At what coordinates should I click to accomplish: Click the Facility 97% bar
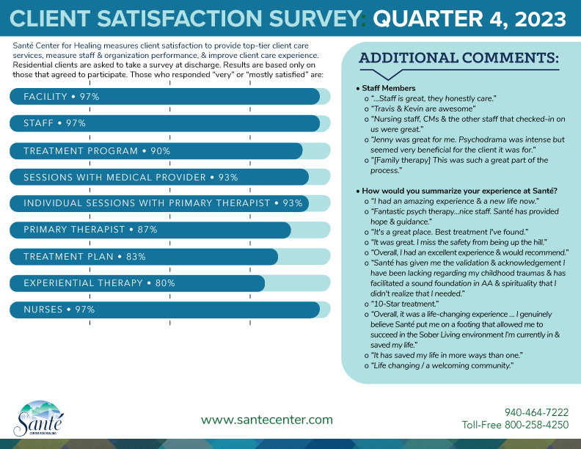click(x=165, y=97)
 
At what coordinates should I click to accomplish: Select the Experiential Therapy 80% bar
click(x=137, y=283)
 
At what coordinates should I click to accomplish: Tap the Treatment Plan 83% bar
click(x=144, y=257)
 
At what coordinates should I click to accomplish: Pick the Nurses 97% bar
click(x=165, y=310)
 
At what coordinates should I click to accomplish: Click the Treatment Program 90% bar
click(x=156, y=150)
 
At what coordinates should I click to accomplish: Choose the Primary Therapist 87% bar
click(x=150, y=230)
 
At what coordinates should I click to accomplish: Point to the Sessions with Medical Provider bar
click(x=159, y=177)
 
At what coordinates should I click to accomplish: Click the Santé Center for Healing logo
click(x=38, y=419)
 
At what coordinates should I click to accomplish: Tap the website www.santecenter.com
click(x=267, y=420)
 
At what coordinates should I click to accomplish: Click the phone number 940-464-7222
click(x=536, y=412)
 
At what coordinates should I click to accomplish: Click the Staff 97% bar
click(x=165, y=123)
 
